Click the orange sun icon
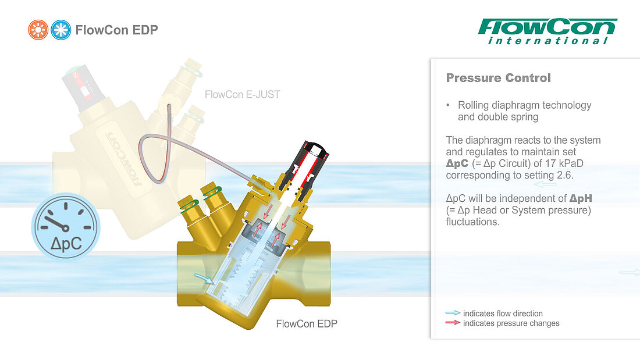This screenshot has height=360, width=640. click(38, 30)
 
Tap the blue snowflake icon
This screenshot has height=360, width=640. click(61, 30)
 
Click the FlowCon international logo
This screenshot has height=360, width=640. click(547, 31)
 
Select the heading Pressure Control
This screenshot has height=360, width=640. click(499, 77)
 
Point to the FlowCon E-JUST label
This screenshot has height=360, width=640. click(243, 94)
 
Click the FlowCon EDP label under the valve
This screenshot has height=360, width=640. click(307, 324)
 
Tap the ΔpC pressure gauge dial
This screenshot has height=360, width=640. click(65, 227)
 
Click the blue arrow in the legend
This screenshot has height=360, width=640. click(453, 313)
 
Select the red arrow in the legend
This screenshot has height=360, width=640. click(453, 322)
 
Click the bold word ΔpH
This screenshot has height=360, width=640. click(581, 198)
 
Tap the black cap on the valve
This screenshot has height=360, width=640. click(316, 148)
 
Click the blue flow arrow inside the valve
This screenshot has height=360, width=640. click(203, 279)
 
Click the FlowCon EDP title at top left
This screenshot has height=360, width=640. click(117, 30)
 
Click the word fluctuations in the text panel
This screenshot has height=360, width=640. click(472, 222)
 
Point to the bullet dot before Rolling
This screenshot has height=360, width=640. click(448, 105)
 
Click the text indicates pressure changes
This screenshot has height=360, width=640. click(511, 323)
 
